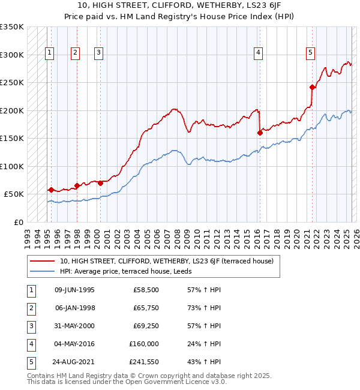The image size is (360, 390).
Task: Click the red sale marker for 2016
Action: [x=260, y=133]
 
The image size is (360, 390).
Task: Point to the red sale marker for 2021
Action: [x=313, y=87]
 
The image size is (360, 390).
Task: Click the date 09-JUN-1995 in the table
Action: [x=74, y=290]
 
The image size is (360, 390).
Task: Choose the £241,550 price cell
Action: [x=144, y=362]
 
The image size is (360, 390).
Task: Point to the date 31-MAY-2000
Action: [x=74, y=326]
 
